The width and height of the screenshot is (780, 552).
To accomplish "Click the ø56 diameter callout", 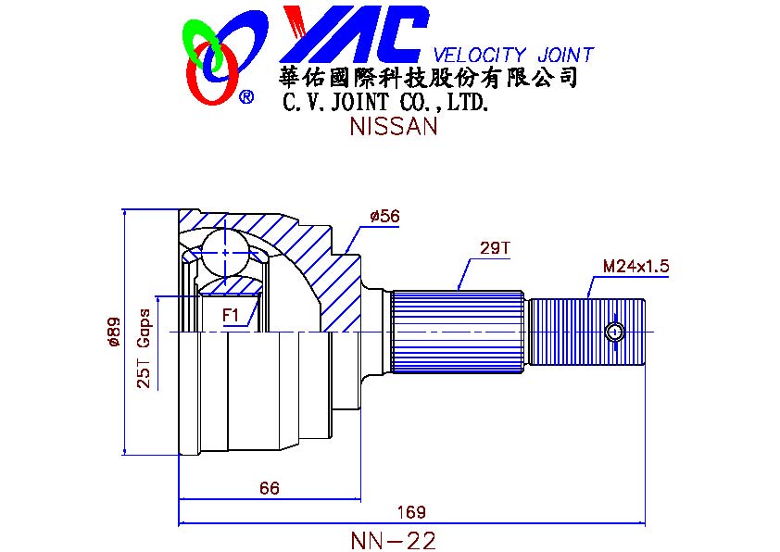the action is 384,217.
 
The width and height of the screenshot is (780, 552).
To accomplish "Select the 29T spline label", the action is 495,247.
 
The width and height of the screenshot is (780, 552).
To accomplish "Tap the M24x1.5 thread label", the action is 635,266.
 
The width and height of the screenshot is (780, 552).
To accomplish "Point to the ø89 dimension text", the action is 114,332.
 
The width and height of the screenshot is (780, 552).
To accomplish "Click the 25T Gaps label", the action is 144,348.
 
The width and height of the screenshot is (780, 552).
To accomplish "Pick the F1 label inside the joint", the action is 231,315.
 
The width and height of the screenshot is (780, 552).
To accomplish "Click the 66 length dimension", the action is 270,488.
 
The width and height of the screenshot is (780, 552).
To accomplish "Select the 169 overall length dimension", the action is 411,512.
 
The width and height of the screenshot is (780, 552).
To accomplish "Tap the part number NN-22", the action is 393,541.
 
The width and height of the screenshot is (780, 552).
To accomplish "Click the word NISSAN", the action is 394,126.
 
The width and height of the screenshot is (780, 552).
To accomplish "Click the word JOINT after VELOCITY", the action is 566,55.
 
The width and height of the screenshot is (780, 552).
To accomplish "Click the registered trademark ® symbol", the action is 246,96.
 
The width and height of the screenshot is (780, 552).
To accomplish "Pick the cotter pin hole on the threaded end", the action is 615,332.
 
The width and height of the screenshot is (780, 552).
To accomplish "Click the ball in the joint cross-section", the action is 225,253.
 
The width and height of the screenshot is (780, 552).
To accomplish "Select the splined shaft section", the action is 457,332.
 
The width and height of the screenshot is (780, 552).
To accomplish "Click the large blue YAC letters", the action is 354,34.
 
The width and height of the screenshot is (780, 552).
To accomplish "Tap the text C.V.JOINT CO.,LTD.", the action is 385,102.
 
